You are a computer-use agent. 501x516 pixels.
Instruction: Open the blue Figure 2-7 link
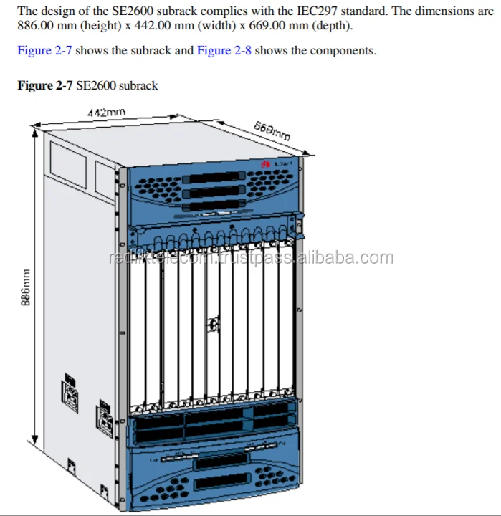tap(44, 51)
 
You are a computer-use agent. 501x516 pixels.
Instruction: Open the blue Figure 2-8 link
tap(224, 51)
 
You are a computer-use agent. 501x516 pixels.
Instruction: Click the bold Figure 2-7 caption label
tap(44, 86)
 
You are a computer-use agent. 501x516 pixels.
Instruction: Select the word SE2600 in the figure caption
tap(96, 86)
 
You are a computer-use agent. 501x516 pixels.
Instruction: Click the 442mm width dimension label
tap(106, 113)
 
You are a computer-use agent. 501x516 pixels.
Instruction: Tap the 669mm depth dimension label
tap(272, 131)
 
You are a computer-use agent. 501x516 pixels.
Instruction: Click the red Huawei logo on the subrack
tap(264, 164)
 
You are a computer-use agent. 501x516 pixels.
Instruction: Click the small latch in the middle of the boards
tap(213, 325)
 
